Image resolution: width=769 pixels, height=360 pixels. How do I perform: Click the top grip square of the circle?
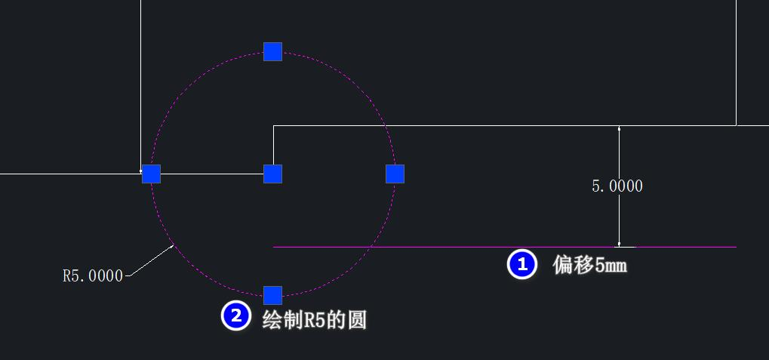pos(272,51)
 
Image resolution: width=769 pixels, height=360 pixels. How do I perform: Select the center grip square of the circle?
pos(272,174)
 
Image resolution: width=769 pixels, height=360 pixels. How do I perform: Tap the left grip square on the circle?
pos(151,174)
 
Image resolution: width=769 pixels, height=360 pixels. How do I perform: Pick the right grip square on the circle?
pos(395,174)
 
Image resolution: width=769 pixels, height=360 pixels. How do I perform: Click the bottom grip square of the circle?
pos(272,295)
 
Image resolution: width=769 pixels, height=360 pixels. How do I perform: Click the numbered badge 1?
pos(521,265)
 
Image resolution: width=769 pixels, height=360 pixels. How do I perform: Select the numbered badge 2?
pos(235,316)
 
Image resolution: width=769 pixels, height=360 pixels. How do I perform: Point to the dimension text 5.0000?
pos(617,186)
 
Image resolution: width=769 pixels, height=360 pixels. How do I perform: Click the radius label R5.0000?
pos(92,276)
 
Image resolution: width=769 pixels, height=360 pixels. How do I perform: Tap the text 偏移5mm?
pos(590,265)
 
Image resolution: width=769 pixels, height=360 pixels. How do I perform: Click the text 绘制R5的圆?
pos(314,319)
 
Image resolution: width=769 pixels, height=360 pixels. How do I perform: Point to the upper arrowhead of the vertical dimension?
pos(619,130)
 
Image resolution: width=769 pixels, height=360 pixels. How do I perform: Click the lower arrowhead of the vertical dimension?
pos(619,242)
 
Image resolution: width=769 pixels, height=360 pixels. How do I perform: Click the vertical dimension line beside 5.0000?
pos(619,219)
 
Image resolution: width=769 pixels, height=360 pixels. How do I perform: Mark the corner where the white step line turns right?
pos(273,126)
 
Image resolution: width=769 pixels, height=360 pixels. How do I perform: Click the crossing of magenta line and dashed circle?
pos(371,247)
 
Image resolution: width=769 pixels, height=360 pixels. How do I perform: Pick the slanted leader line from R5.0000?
pos(151,260)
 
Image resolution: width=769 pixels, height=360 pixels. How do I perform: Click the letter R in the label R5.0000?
pos(66,276)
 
